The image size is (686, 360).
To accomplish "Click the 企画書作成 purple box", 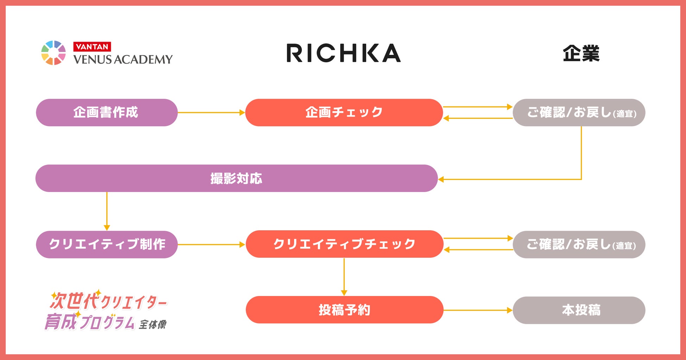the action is [x=107, y=112].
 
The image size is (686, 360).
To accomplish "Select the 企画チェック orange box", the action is [x=344, y=112].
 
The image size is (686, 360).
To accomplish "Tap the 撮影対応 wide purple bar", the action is [x=236, y=179].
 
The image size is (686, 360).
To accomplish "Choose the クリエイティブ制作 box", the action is [x=107, y=244].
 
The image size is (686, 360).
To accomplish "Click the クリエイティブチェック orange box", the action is [x=344, y=244].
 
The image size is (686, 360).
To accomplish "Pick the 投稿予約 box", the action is [x=344, y=310].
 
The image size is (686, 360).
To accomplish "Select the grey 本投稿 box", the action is [x=579, y=310].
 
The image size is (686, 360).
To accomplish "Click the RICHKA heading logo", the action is [x=344, y=53].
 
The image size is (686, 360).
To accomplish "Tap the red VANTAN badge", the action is [x=92, y=47].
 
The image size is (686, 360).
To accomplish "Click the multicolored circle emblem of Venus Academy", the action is [x=53, y=53].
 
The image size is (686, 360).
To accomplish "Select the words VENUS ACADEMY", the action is [x=123, y=59].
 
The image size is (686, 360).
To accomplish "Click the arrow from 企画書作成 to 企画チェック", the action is [x=211, y=112].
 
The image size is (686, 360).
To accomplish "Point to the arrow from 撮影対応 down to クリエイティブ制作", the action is [x=107, y=211].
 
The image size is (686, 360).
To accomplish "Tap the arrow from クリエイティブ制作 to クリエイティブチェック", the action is [x=211, y=244].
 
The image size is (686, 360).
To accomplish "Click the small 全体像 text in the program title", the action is [x=153, y=324].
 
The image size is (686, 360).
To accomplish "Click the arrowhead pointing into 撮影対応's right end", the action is [x=441, y=179].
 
